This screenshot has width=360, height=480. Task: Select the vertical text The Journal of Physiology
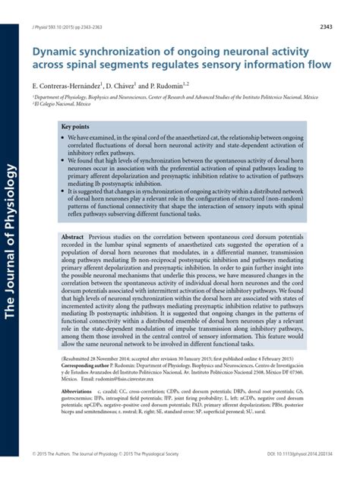pyautogui.click(x=11, y=235)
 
